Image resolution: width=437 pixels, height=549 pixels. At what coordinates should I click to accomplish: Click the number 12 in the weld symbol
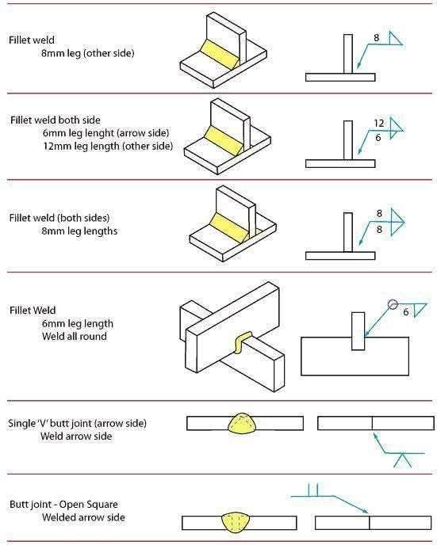click(x=379, y=124)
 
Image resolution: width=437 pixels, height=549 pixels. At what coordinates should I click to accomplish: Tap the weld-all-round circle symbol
click(x=393, y=305)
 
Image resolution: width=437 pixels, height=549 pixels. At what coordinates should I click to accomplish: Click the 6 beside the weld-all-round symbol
click(x=406, y=311)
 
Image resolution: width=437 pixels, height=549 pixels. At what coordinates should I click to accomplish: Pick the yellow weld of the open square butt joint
click(x=236, y=522)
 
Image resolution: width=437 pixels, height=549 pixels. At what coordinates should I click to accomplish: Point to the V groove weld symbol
click(x=402, y=460)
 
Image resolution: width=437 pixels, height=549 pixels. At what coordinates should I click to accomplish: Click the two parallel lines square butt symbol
click(x=313, y=490)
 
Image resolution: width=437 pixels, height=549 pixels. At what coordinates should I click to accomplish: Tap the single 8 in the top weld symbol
click(x=377, y=37)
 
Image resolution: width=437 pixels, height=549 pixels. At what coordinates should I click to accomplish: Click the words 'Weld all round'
click(x=75, y=337)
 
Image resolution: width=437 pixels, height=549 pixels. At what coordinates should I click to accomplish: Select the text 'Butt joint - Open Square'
click(x=63, y=505)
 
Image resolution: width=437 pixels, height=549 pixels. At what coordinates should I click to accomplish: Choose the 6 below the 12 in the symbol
click(x=378, y=138)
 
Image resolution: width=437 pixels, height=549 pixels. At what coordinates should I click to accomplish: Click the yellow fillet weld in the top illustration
click(x=220, y=55)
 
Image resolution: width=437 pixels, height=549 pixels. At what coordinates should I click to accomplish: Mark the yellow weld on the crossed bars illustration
click(x=242, y=341)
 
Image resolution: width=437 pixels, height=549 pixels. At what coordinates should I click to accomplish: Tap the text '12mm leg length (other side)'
click(x=108, y=146)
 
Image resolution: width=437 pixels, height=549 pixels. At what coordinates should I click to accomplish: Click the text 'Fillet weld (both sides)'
click(x=59, y=218)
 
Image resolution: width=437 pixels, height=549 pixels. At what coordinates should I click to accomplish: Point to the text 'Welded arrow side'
click(x=83, y=517)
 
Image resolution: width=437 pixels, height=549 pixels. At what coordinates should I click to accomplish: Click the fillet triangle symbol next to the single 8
click(x=395, y=39)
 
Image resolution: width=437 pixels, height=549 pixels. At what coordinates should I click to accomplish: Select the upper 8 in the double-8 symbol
click(x=379, y=213)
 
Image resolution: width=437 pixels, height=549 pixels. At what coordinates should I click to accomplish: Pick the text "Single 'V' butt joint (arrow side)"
click(x=77, y=423)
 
